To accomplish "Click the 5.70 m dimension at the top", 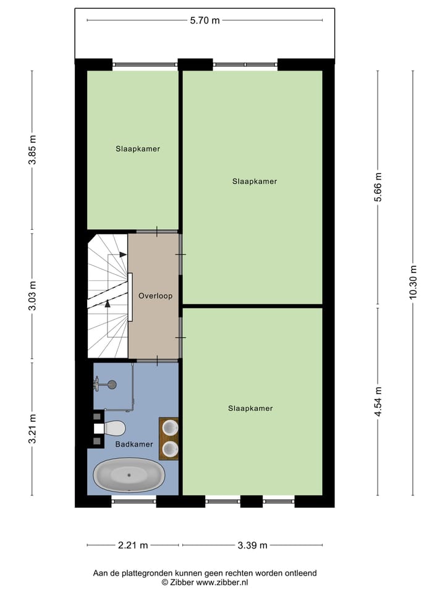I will (x=205, y=20).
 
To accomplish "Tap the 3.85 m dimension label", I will (x=32, y=149).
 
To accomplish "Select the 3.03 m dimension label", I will (x=32, y=296).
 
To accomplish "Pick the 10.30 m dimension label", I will (x=413, y=282).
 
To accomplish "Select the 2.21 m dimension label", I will (x=133, y=545).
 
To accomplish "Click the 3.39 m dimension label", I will (x=253, y=545).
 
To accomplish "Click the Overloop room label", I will (x=155, y=296).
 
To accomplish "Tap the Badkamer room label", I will (x=133, y=444).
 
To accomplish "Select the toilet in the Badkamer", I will (x=113, y=427).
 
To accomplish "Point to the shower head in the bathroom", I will (x=111, y=385).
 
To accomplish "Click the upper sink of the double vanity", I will (x=169, y=427).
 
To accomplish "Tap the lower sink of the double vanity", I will (x=169, y=448).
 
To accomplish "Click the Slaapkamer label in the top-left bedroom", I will (x=138, y=149).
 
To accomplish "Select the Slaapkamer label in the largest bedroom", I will (x=255, y=182).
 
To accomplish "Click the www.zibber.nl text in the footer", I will (x=223, y=582).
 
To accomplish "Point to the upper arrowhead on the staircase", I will (x=122, y=254).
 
